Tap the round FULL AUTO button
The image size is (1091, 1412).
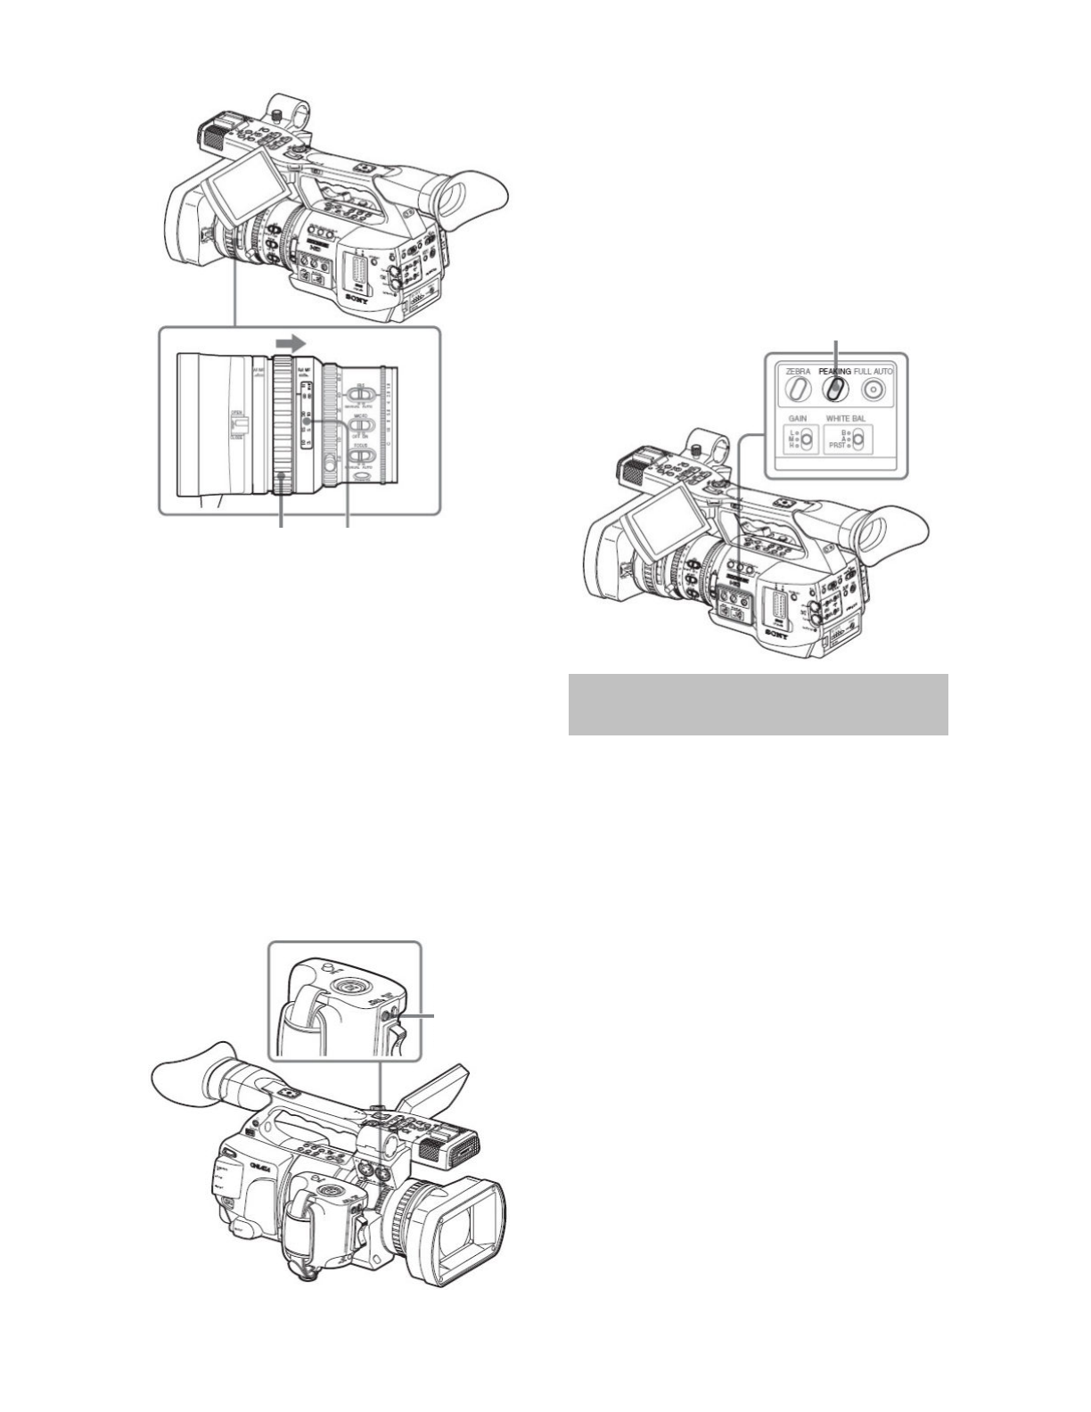(874, 389)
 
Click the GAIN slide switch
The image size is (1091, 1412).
(806, 439)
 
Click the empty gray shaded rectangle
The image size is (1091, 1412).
(758, 704)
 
